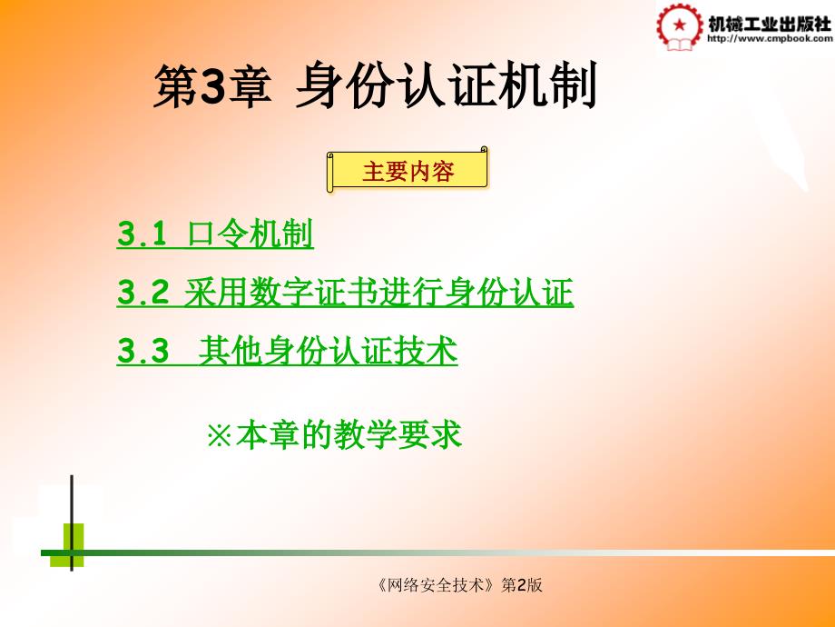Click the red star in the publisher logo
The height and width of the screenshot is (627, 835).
[679, 25]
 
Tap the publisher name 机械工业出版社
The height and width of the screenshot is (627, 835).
[770, 24]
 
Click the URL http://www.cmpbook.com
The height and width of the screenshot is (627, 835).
[770, 38]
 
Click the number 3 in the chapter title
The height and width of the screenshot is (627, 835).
[213, 85]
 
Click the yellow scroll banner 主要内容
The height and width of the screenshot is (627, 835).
[408, 171]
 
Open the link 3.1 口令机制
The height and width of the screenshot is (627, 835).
[215, 234]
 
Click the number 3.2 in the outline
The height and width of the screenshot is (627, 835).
[142, 293]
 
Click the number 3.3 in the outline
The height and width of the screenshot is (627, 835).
[142, 351]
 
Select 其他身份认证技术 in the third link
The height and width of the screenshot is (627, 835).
[328, 351]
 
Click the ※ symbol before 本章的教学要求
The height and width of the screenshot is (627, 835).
[219, 435]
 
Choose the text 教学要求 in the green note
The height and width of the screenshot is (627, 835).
[398, 434]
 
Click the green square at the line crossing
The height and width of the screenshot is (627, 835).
[67, 545]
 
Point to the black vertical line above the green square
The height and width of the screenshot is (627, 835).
[72, 499]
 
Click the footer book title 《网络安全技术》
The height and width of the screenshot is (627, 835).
[437, 585]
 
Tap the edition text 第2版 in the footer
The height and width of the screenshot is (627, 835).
[522, 585]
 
